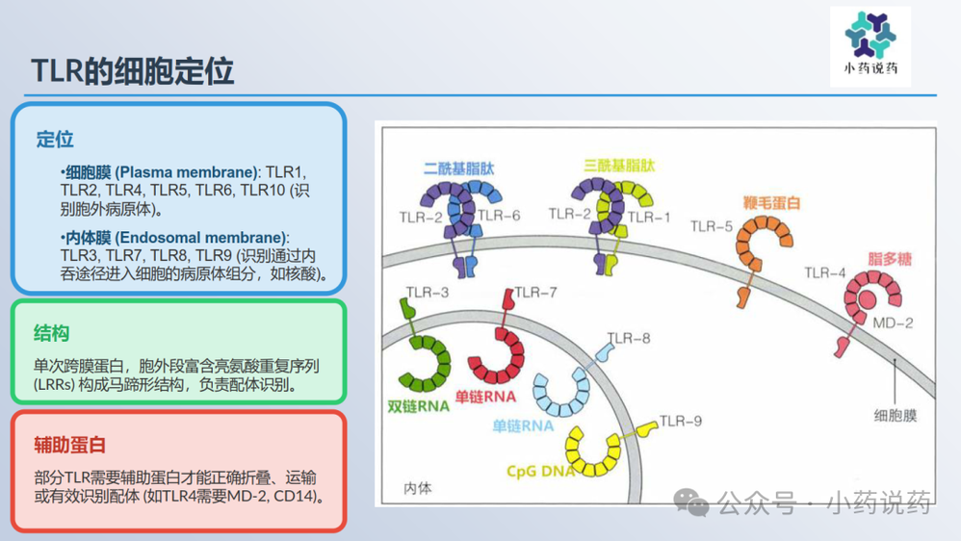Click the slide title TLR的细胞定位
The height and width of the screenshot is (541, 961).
point(133,70)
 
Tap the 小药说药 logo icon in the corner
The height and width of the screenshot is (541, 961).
point(870,36)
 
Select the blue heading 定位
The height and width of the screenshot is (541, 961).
point(55,139)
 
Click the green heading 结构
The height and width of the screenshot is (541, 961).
point(51,333)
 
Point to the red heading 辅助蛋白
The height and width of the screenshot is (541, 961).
point(69,445)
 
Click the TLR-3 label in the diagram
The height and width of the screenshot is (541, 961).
point(428,292)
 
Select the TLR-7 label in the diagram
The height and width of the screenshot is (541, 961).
point(535,292)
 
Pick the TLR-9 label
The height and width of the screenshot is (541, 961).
point(681,422)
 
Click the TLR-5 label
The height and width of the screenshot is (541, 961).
point(712,226)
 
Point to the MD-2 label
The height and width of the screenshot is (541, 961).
point(892,322)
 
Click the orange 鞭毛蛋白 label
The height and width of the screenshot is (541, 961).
point(771,203)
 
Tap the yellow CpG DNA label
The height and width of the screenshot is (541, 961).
point(541,471)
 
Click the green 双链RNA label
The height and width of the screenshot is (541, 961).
point(418,405)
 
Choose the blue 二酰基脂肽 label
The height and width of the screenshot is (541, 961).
point(458,167)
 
